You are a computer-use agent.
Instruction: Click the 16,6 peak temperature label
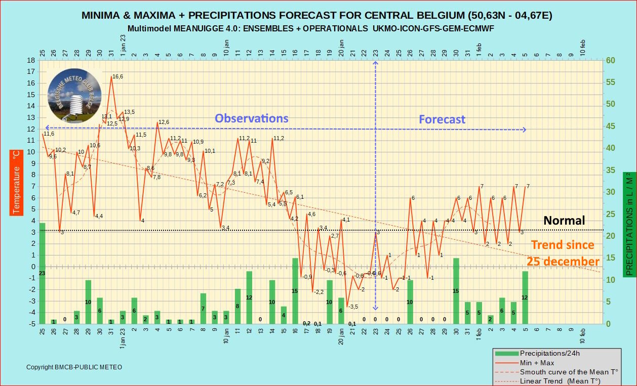(x=117, y=77)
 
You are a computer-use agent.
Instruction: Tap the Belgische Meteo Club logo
(x=74, y=96)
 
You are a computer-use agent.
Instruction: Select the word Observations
(x=251, y=118)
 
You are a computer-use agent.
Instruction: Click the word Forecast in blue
(x=442, y=119)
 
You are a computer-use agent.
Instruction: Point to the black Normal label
(x=564, y=221)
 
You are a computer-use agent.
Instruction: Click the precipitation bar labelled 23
(x=42, y=273)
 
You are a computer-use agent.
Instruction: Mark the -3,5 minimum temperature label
(x=352, y=307)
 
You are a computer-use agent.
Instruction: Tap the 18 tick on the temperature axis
(x=31, y=60)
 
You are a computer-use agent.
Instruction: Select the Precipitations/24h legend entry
(x=552, y=354)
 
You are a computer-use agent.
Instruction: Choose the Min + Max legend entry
(x=537, y=363)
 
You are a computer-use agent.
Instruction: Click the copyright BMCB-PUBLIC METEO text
(x=74, y=367)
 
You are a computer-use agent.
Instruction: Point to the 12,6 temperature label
(x=164, y=122)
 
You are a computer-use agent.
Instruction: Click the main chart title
(x=317, y=15)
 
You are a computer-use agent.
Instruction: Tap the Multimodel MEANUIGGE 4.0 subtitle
(x=310, y=28)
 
